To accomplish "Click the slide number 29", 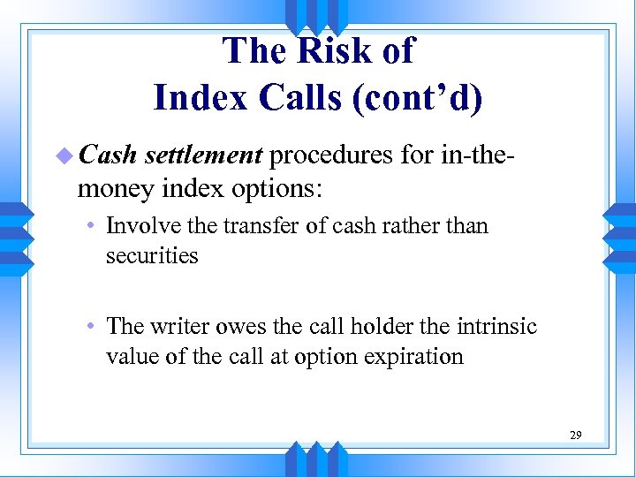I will point(575,435).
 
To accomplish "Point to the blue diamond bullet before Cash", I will point(63,156).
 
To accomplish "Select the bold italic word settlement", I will point(203,156).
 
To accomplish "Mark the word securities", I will point(152,256).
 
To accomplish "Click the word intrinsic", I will point(496,327).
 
